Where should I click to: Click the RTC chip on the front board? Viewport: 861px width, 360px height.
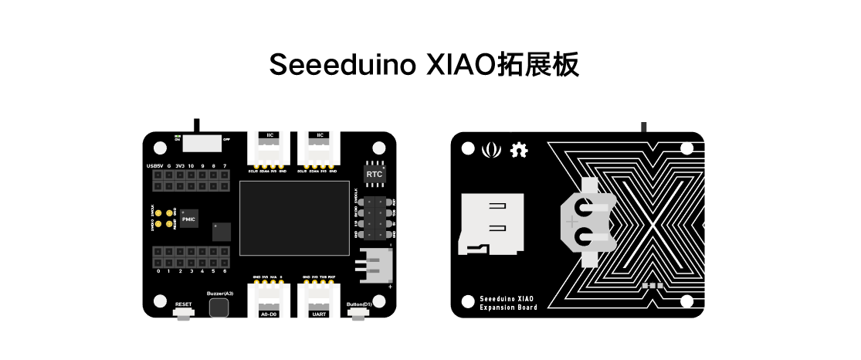pos(374,174)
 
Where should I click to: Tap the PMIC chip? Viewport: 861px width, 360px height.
pos(189,219)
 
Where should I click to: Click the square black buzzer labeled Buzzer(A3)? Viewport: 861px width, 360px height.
pos(219,307)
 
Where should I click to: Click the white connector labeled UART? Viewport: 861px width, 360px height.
pos(320,301)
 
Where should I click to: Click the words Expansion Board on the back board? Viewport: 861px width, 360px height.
pos(507,307)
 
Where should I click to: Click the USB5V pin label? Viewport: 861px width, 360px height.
pos(154,166)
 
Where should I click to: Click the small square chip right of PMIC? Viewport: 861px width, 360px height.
pos(222,232)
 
